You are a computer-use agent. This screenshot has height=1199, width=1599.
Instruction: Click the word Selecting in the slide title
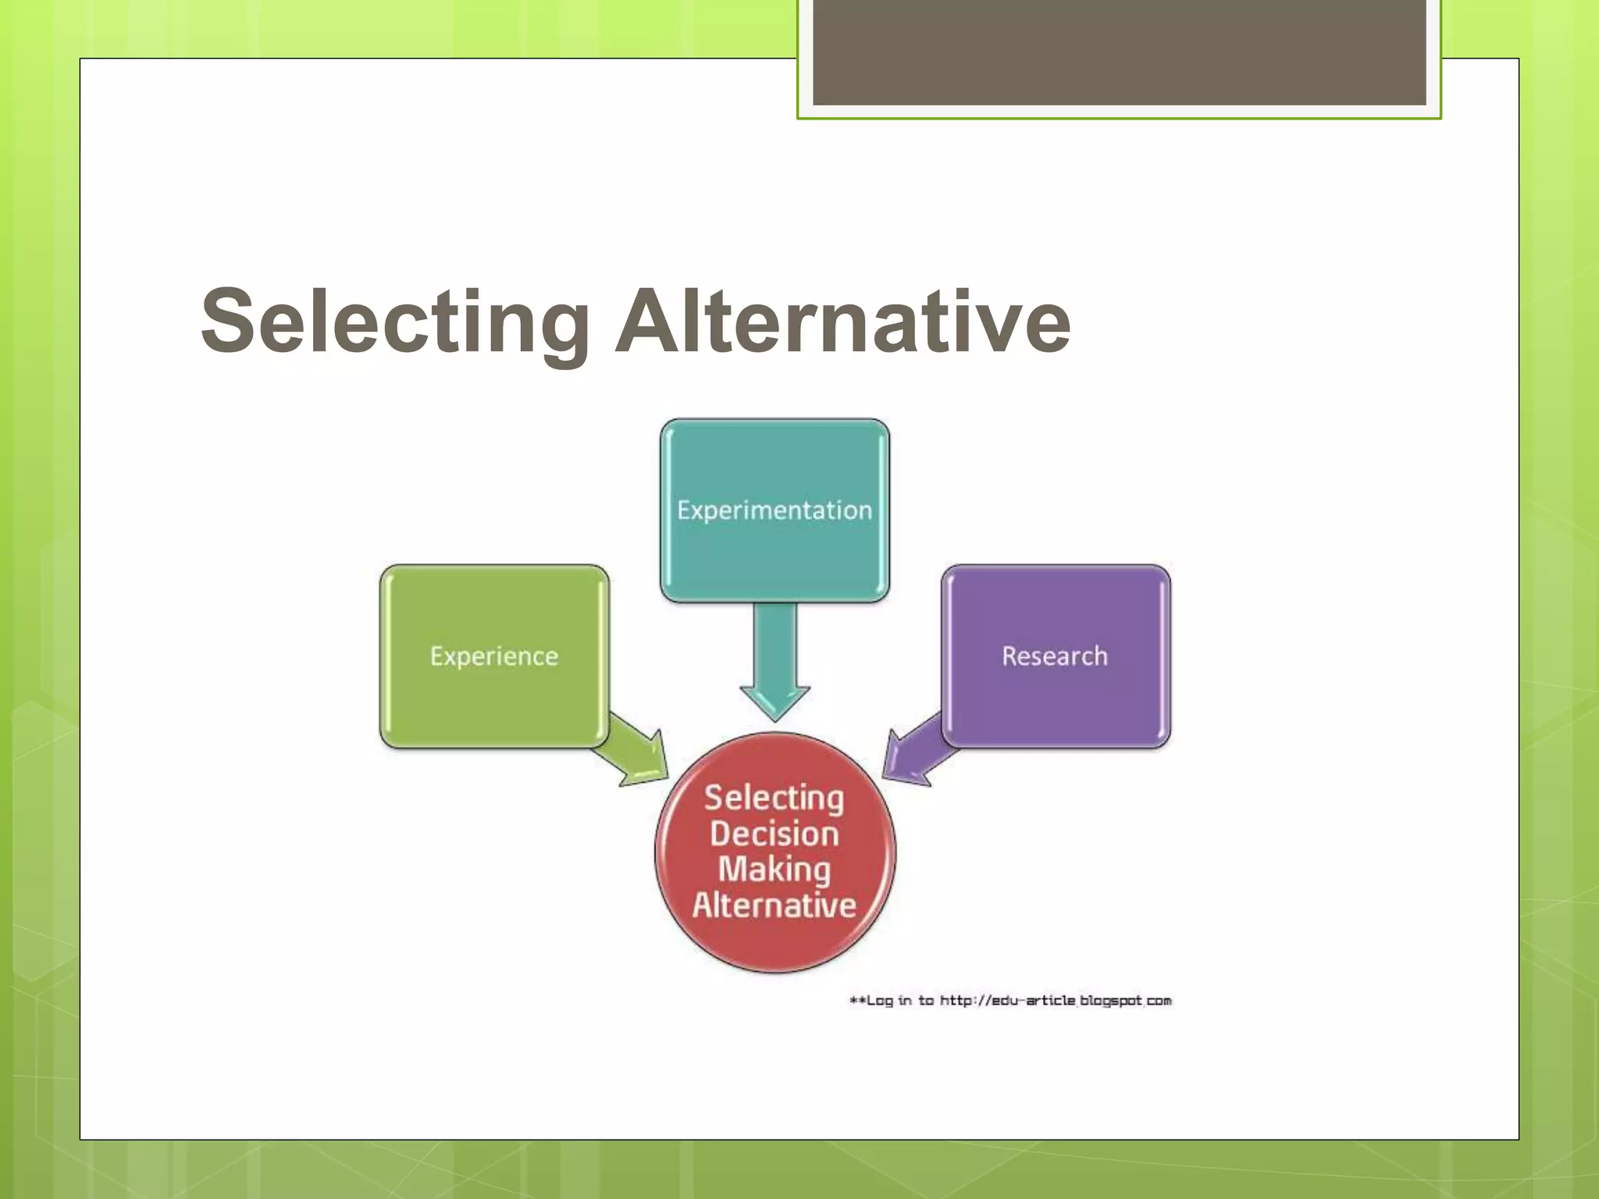(394, 322)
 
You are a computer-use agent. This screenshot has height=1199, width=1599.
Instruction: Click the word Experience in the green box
(493, 656)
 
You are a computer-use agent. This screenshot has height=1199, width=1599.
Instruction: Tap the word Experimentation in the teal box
(775, 511)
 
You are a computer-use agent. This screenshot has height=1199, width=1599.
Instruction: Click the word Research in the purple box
(1055, 656)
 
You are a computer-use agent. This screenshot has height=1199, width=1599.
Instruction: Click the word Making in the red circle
(775, 870)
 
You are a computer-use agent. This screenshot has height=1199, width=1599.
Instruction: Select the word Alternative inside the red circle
(775, 905)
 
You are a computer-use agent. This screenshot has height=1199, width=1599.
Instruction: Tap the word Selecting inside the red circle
(775, 799)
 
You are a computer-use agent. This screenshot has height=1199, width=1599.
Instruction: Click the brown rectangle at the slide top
(1119, 52)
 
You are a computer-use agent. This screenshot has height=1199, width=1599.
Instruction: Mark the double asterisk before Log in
(857, 1000)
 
